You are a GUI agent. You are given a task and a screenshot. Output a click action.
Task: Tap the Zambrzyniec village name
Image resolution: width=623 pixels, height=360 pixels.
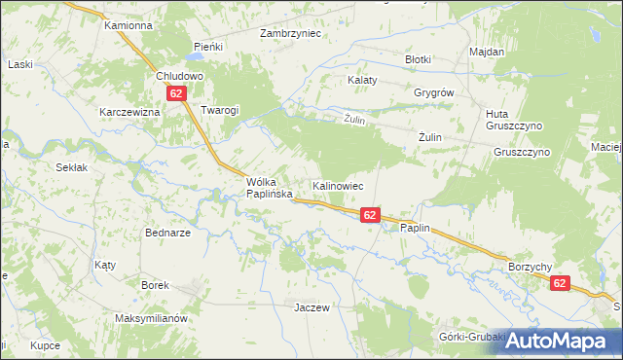tap(290, 32)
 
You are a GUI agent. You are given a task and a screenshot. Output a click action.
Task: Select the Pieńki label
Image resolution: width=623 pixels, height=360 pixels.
tap(208, 46)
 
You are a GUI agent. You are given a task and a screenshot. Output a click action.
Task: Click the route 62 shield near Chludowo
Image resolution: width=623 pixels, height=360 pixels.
tap(176, 93)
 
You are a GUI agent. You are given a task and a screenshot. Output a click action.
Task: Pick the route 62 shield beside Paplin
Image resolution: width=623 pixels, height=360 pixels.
tap(370, 214)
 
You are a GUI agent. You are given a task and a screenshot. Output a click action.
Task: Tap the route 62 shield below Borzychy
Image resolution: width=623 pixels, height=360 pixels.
tap(560, 282)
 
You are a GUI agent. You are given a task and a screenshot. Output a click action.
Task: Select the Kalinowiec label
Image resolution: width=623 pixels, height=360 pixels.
tap(338, 185)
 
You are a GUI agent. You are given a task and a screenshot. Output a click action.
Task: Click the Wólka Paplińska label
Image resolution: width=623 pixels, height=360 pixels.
tap(270, 187)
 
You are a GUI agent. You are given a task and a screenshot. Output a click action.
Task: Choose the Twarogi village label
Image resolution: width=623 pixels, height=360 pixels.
tap(219, 110)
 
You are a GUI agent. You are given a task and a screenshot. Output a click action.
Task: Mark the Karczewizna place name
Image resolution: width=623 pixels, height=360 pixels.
tap(128, 112)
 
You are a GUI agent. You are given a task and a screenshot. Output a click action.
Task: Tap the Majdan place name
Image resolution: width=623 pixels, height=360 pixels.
tap(486, 52)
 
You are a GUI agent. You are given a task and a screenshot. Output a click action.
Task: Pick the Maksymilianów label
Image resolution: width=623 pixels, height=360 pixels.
tap(150, 318)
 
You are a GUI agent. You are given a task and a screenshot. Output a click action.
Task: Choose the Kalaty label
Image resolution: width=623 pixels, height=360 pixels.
tap(362, 81)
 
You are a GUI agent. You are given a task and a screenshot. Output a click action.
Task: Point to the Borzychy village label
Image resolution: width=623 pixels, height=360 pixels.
tap(531, 266)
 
